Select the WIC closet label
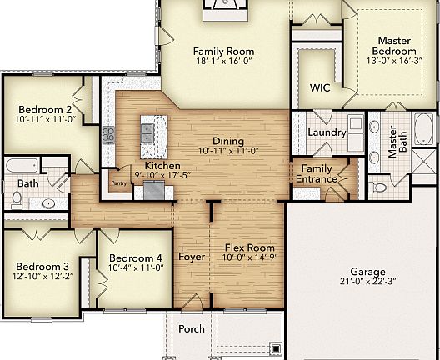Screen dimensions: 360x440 click(x=320, y=87)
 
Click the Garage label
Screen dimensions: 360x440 click(x=367, y=272)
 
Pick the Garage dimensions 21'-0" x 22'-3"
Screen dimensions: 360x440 click(x=367, y=283)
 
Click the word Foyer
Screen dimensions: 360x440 click(x=192, y=257)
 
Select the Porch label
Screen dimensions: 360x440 click(x=192, y=328)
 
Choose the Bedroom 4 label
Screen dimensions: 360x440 click(x=135, y=257)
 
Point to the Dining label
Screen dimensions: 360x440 click(x=228, y=141)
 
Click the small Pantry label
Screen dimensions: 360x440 click(x=119, y=182)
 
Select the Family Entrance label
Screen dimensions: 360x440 click(x=317, y=173)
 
